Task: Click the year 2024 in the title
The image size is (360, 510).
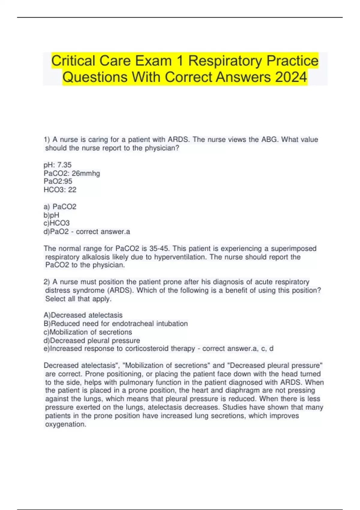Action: point(291,77)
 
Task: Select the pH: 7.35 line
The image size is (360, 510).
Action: point(58,165)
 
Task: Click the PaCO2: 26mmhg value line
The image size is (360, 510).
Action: point(72,173)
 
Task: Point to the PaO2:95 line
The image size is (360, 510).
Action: point(58,181)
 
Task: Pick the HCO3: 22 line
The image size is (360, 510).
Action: point(60,190)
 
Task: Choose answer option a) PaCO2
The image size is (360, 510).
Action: point(60,206)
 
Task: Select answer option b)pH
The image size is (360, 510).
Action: point(51,215)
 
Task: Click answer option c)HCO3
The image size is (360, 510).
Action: point(57,223)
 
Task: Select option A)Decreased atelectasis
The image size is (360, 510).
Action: point(83,315)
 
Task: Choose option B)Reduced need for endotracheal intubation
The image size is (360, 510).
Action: point(116,323)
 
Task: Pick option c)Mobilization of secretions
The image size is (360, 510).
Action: point(88,332)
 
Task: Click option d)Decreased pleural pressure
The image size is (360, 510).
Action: point(92,340)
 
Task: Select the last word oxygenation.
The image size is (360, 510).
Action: point(66,424)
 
